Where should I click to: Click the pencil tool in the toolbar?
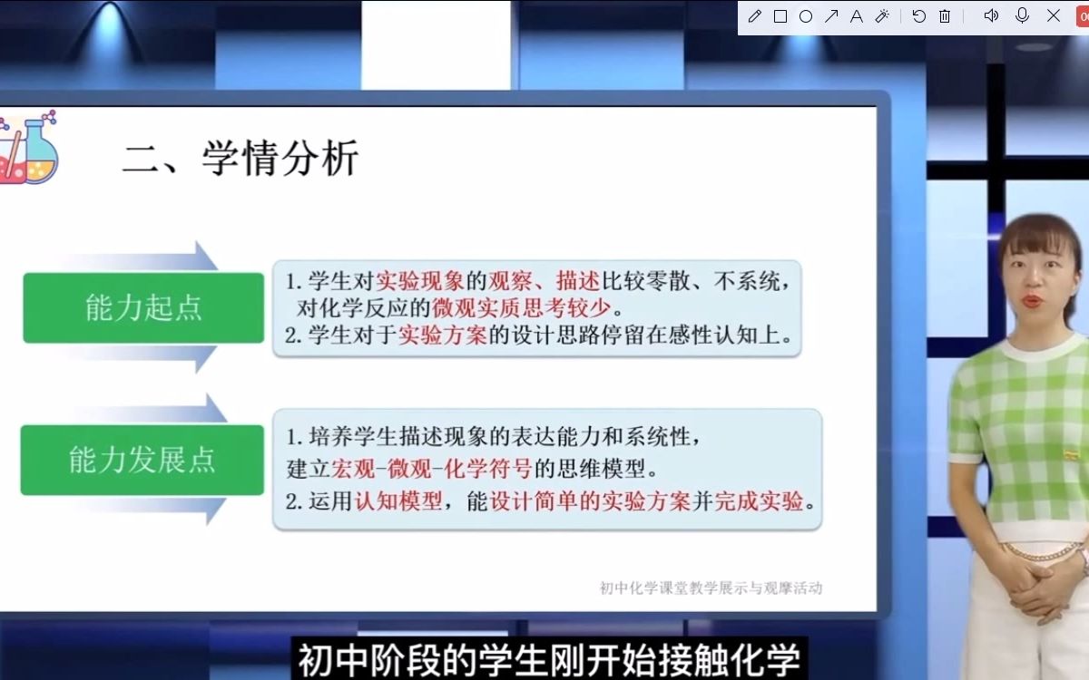pyautogui.click(x=755, y=16)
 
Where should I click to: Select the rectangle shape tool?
pyautogui.click(x=780, y=16)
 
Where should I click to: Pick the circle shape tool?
pyautogui.click(x=806, y=16)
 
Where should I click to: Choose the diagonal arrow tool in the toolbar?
pyautogui.click(x=831, y=16)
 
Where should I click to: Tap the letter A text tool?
pyautogui.click(x=856, y=16)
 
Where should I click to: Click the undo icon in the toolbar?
pyautogui.click(x=919, y=16)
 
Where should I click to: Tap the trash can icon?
pyautogui.click(x=945, y=16)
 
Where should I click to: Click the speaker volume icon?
pyautogui.click(x=991, y=16)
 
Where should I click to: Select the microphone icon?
pyautogui.click(x=1023, y=16)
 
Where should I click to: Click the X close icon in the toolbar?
pyautogui.click(x=1054, y=16)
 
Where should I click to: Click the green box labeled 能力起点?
pyautogui.click(x=143, y=308)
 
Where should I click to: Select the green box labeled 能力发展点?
pyautogui.click(x=142, y=461)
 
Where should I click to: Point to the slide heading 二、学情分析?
pyautogui.click(x=240, y=159)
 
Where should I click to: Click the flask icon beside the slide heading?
pyautogui.click(x=29, y=147)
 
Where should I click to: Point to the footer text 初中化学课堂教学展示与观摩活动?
pyautogui.click(x=711, y=588)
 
